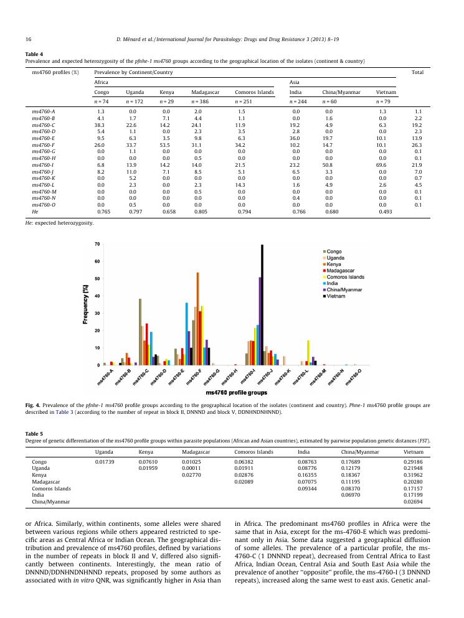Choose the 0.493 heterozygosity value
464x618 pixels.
(382, 212)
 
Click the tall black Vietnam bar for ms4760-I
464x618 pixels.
(262, 305)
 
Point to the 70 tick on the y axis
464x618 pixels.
(96, 244)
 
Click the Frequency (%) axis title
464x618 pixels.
(85, 304)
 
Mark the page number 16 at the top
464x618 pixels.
(29, 40)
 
